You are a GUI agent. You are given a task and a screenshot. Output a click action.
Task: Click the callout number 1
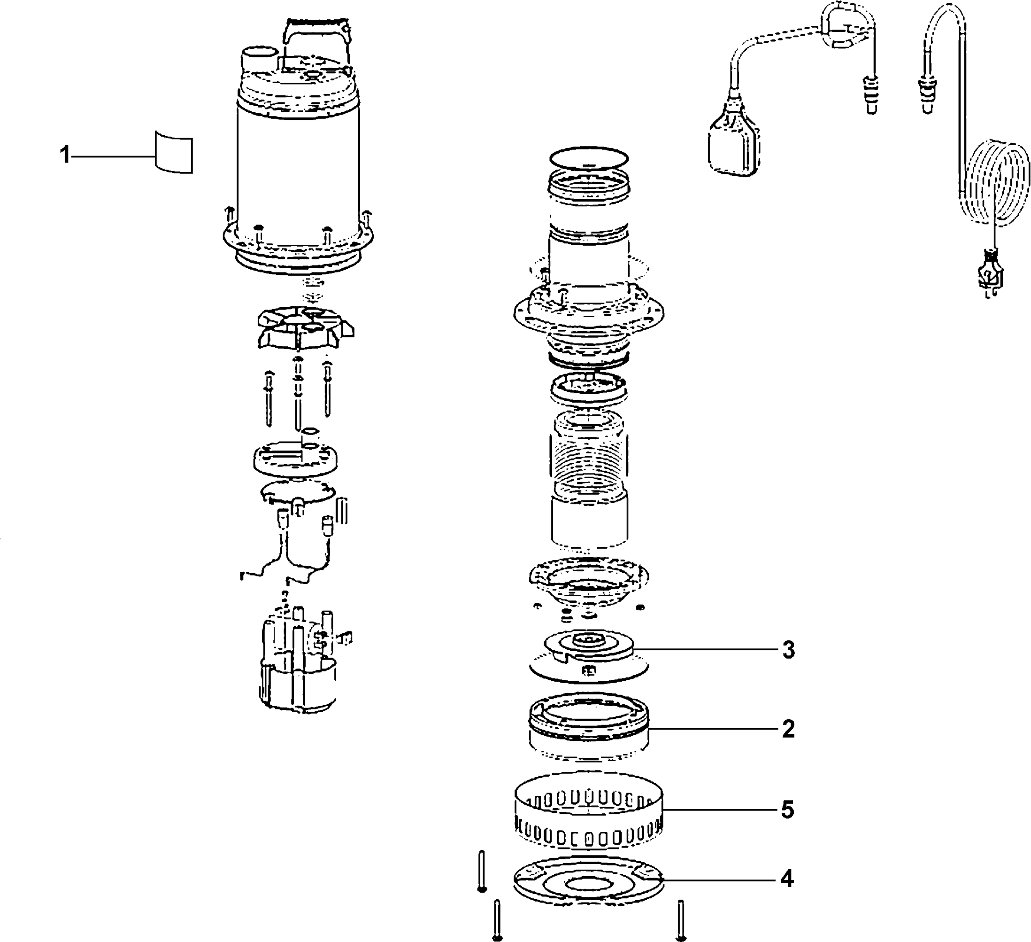pos(64,155)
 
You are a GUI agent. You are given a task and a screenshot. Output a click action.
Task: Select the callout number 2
pos(788,729)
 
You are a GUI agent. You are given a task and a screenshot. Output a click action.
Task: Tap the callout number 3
pos(789,650)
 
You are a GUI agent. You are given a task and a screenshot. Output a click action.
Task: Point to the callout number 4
pos(786,879)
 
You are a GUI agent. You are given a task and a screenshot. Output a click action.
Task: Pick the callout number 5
pos(787,810)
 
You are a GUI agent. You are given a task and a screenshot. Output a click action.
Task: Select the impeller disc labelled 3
pos(588,655)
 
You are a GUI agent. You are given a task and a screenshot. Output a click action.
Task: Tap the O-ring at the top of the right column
pos(588,157)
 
